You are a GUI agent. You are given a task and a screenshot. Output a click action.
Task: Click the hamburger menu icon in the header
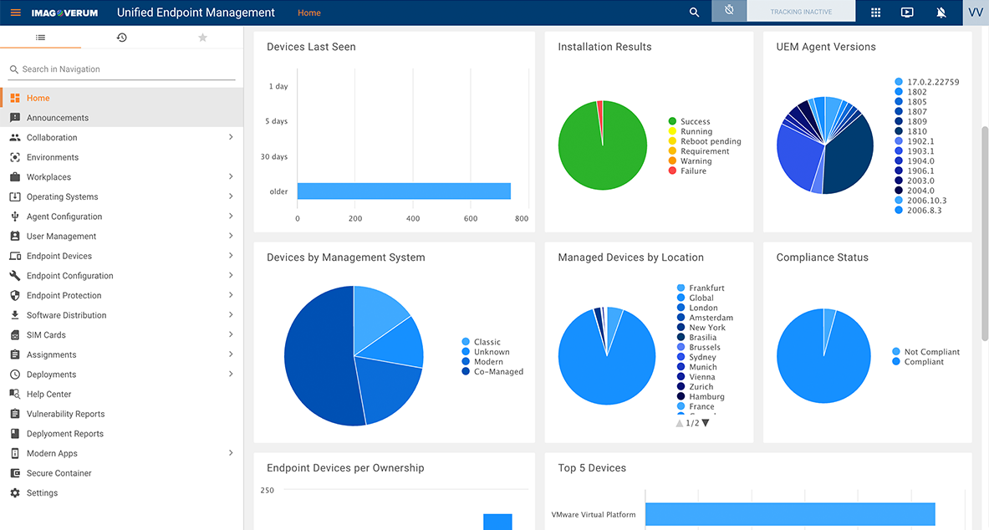pos(15,13)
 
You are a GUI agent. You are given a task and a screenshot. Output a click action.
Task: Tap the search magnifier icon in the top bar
pos(694,13)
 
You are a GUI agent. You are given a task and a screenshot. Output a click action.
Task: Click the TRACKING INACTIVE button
pos(800,12)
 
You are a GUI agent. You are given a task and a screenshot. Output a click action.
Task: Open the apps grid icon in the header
pos(875,13)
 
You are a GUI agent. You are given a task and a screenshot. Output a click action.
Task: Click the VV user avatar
pos(975,13)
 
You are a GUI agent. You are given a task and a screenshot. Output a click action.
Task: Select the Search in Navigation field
pos(121,69)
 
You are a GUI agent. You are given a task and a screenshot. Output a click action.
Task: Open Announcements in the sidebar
pos(57,118)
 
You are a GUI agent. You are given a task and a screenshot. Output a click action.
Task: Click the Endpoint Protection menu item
pos(64,295)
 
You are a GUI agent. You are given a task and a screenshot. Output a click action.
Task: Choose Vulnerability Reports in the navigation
pos(65,414)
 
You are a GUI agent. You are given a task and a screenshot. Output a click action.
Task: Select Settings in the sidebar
pos(42,493)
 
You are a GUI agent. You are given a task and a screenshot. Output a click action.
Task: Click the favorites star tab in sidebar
pos(202,38)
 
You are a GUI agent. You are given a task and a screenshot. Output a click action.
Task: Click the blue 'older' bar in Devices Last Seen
pos(404,191)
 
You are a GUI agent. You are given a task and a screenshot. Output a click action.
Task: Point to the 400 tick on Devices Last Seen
pos(413,218)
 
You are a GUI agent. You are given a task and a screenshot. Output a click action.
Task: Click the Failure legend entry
pos(692,171)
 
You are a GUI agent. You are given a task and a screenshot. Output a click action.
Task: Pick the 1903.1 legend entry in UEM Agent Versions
pos(920,151)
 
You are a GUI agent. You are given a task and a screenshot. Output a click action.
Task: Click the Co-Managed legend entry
pos(497,372)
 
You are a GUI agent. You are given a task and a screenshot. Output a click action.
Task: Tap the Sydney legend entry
pos(701,357)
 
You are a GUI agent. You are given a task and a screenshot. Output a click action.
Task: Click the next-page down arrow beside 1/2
pos(706,423)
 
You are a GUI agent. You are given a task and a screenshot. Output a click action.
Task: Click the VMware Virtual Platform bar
pos(789,514)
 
